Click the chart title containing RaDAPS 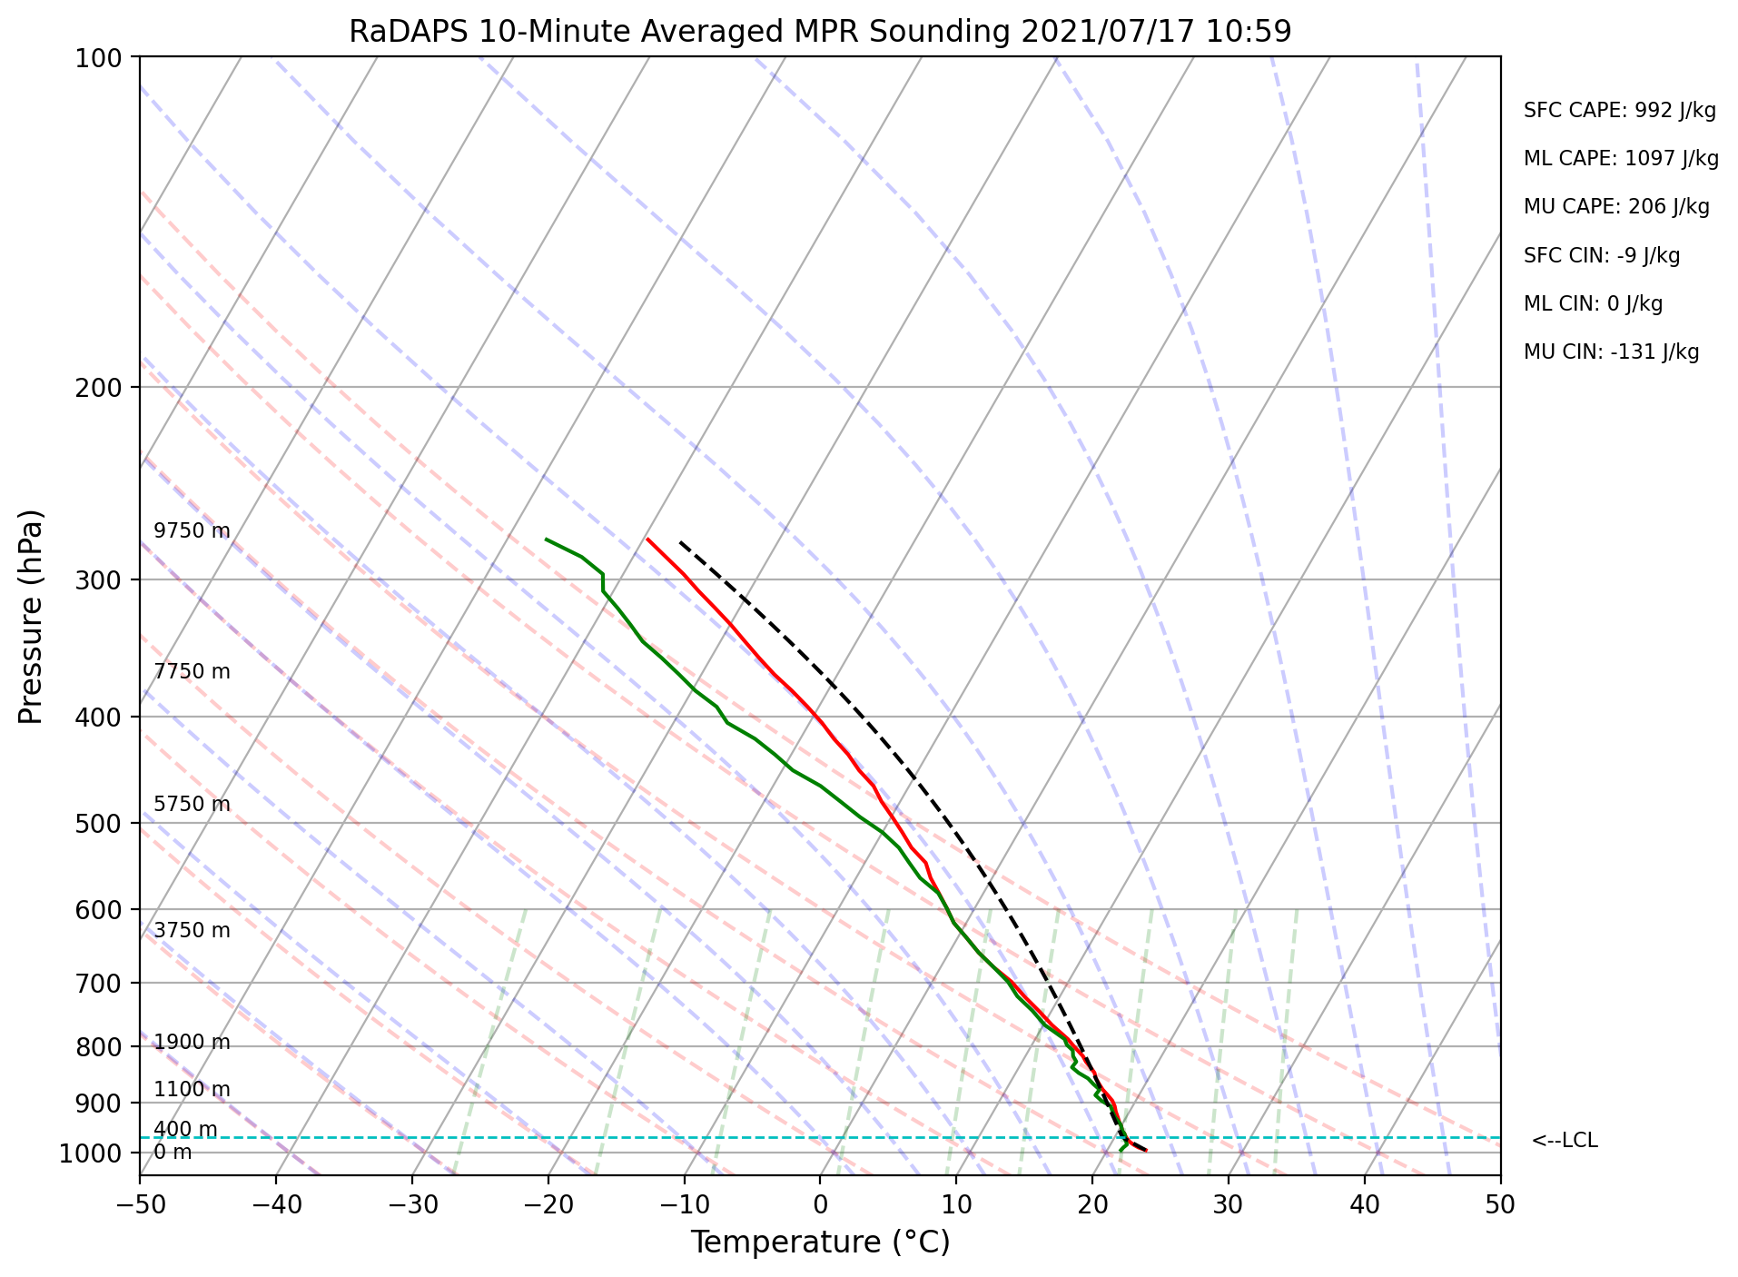pos(819,32)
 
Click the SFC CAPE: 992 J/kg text pos(1619,111)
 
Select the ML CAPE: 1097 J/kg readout pos(1621,159)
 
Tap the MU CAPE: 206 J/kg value pos(1616,207)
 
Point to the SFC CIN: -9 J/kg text pos(1602,256)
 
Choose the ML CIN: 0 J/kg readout pos(1593,304)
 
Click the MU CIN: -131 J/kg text pos(1611,352)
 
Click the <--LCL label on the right pos(1564,1141)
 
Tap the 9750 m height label pos(192,531)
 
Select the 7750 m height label pos(192,672)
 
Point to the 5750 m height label pos(192,805)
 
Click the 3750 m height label pos(192,931)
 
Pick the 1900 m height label pos(192,1043)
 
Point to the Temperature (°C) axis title pos(819,1242)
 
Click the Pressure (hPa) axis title pos(31,616)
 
